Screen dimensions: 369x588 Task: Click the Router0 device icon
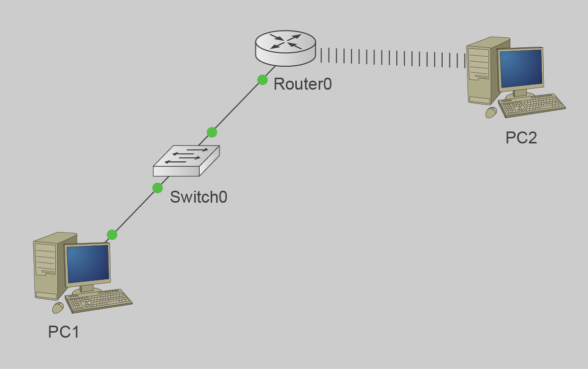pyautogui.click(x=285, y=48)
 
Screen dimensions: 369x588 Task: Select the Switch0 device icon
pyautogui.click(x=186, y=160)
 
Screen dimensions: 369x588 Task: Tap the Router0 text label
pyautogui.click(x=302, y=84)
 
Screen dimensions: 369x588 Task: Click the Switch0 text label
pyautogui.click(x=198, y=197)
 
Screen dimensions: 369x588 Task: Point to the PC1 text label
pyautogui.click(x=63, y=332)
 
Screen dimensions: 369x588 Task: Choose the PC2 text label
pyautogui.click(x=521, y=138)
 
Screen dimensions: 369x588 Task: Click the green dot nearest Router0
pyautogui.click(x=262, y=80)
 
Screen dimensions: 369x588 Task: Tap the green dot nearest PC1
pyautogui.click(x=112, y=235)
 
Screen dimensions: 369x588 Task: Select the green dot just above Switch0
pyautogui.click(x=212, y=132)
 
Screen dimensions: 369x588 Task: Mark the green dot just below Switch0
pyautogui.click(x=157, y=188)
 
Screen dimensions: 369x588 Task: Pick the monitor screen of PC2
pyautogui.click(x=520, y=68)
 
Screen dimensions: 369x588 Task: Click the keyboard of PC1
pyautogui.click(x=99, y=300)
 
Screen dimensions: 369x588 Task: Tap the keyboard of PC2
pyautogui.click(x=532, y=105)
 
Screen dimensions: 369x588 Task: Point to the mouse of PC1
pyautogui.click(x=58, y=308)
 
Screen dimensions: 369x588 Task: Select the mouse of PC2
pyautogui.click(x=491, y=113)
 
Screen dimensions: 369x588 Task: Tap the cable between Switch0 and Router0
pyautogui.click(x=237, y=106)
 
